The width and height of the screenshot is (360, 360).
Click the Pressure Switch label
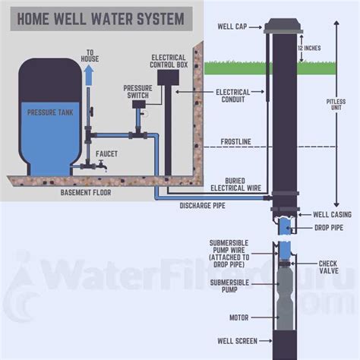coord(137,91)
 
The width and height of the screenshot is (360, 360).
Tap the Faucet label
coord(106,153)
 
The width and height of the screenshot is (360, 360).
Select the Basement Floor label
coord(91,192)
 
